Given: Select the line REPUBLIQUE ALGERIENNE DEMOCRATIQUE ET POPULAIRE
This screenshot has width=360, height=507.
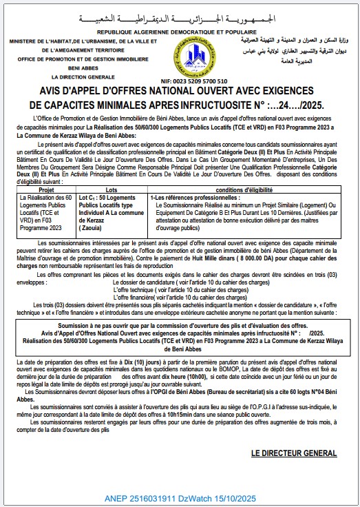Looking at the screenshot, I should [180, 32].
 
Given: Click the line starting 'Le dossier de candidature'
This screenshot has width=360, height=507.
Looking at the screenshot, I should [168, 282].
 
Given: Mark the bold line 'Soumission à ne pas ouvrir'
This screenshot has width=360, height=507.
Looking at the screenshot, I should [180, 326].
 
